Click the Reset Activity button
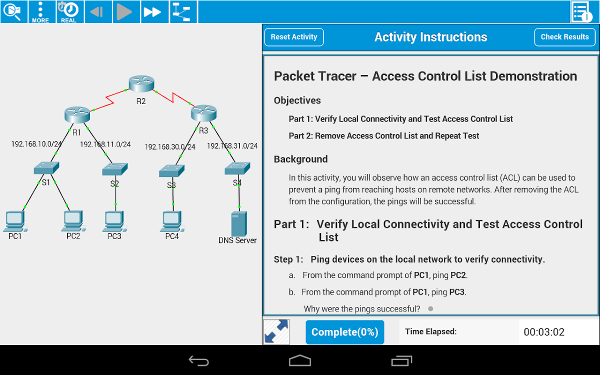pos(294,37)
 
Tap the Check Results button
pos(564,37)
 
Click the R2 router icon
pos(141,83)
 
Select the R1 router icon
pos(77,115)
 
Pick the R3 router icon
pos(203,113)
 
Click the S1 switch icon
pos(46,168)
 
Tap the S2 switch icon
pos(114,169)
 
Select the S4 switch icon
pos(237,168)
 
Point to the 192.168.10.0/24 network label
pos(36,144)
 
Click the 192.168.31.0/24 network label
pos(232,146)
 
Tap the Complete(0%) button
pos(344,332)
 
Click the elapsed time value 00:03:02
pos(544,332)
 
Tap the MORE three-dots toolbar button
pos(40,12)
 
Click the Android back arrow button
pos(198,360)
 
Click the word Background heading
pos(300,159)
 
